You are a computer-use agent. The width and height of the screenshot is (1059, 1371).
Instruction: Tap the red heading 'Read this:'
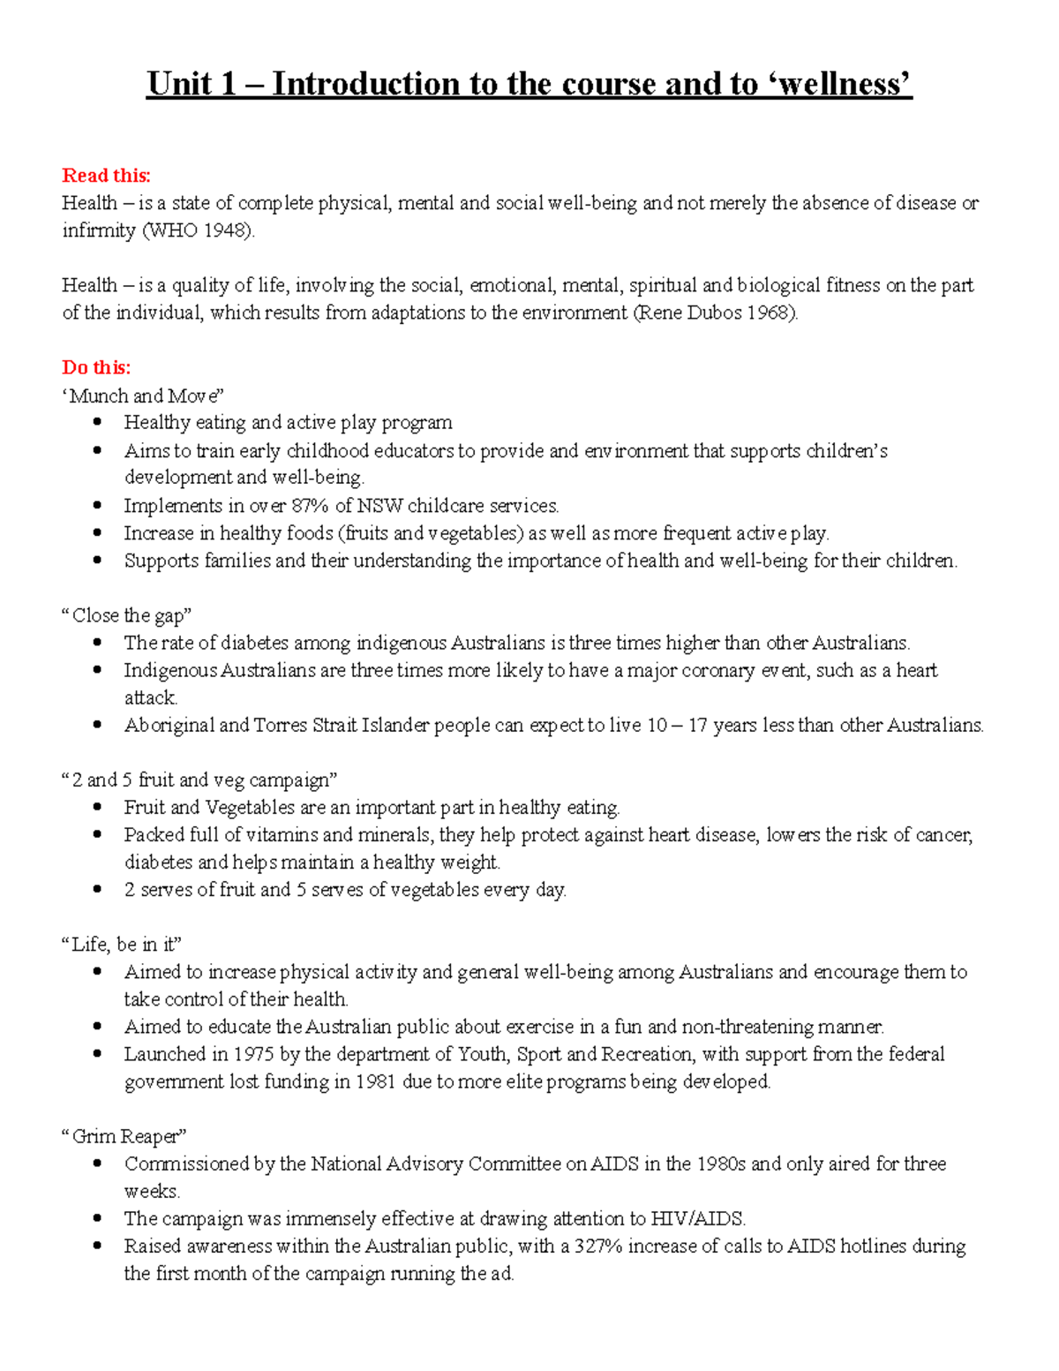tap(106, 175)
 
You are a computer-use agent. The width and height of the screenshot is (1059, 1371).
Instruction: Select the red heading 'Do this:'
tap(96, 367)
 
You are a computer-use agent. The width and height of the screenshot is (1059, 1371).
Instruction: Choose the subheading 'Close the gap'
tap(127, 615)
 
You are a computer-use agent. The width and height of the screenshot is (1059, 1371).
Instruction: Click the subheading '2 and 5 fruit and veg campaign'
tap(199, 780)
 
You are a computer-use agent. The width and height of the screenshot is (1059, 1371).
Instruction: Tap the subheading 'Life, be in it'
tap(122, 945)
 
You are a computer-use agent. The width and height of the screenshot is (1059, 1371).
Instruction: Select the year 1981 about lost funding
tap(375, 1081)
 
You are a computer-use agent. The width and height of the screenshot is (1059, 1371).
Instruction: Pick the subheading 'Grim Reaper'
tap(124, 1136)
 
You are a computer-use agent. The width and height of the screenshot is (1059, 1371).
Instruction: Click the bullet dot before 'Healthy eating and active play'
tap(98, 423)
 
